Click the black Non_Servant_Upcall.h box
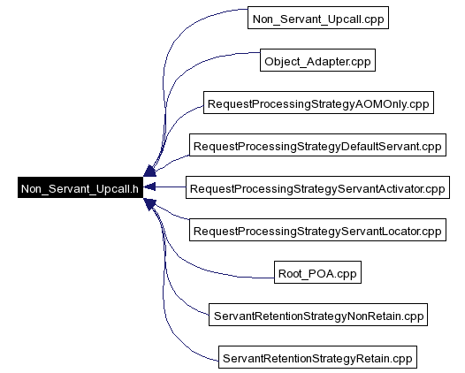[x=80, y=187]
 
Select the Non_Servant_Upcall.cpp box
[x=318, y=18]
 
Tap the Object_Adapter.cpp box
[x=317, y=60]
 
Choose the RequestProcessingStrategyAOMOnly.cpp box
[x=318, y=103]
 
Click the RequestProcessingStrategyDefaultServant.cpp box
[x=317, y=145]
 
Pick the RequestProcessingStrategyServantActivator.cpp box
[x=317, y=187]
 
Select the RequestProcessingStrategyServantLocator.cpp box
[x=317, y=230]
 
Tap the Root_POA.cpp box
[x=317, y=272]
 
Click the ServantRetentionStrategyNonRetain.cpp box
[x=318, y=315]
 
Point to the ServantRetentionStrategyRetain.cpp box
[x=317, y=357]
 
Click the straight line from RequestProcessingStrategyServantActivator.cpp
[x=171, y=186]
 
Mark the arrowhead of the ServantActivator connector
[x=149, y=186]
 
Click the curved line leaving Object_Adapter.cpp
[x=177, y=80]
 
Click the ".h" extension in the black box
[x=133, y=188]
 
